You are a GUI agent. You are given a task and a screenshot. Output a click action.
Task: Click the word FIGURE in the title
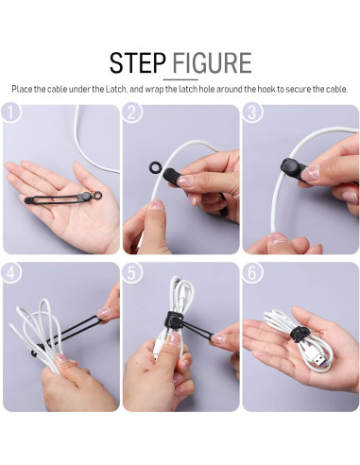point(209,62)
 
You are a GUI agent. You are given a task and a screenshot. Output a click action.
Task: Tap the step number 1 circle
point(11,113)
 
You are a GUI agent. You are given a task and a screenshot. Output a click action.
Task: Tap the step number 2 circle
point(132,113)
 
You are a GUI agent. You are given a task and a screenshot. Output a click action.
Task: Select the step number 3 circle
point(251,113)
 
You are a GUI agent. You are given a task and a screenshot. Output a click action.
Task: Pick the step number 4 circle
point(11,273)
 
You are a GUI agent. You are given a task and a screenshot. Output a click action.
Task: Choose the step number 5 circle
point(132,273)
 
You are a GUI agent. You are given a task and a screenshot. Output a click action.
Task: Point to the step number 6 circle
point(251,273)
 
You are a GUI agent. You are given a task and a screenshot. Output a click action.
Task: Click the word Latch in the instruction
point(110,89)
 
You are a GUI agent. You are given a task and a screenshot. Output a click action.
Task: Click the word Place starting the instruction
point(22,89)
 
